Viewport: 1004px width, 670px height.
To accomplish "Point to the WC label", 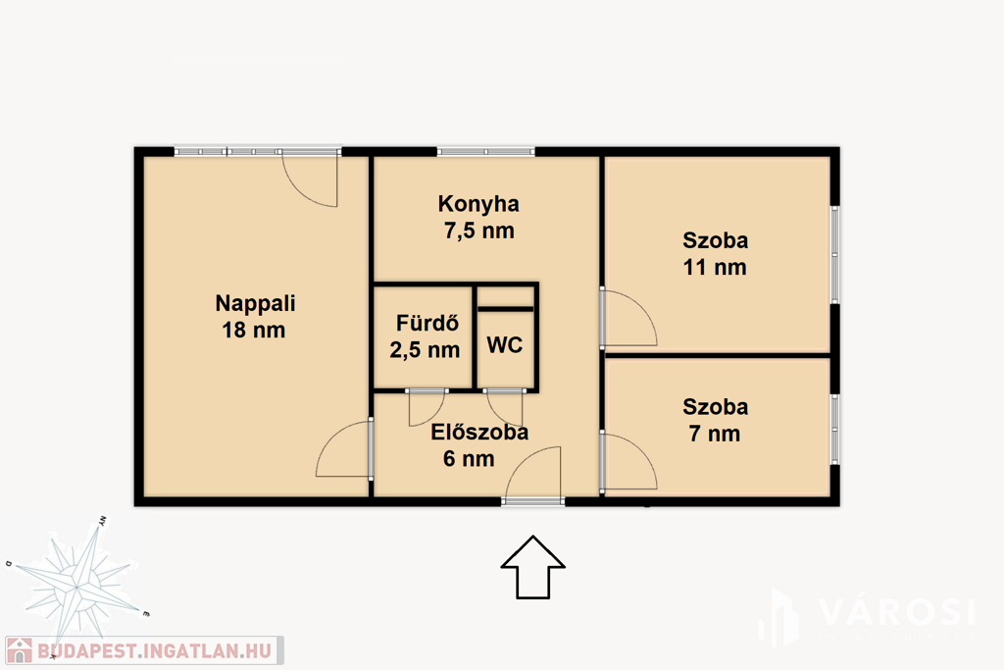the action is pos(505,345).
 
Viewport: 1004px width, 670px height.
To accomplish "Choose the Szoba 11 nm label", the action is pos(715,254).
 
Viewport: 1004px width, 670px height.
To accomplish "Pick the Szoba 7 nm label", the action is pos(715,420).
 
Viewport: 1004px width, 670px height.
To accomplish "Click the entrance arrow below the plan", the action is pos(532,568).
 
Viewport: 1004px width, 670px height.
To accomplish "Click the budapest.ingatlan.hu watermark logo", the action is pos(144,650).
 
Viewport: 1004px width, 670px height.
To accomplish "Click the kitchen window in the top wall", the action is pos(486,152).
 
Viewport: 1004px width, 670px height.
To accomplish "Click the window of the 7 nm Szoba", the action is pos(834,429).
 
